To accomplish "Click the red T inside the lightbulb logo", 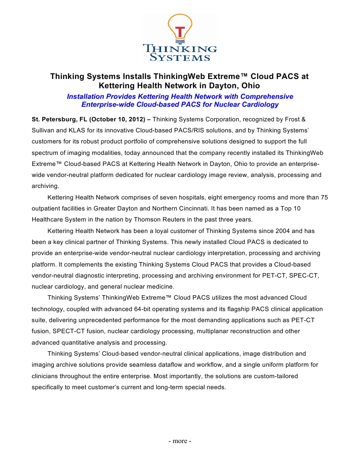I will (x=180, y=32).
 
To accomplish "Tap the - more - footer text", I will (x=180, y=441).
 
